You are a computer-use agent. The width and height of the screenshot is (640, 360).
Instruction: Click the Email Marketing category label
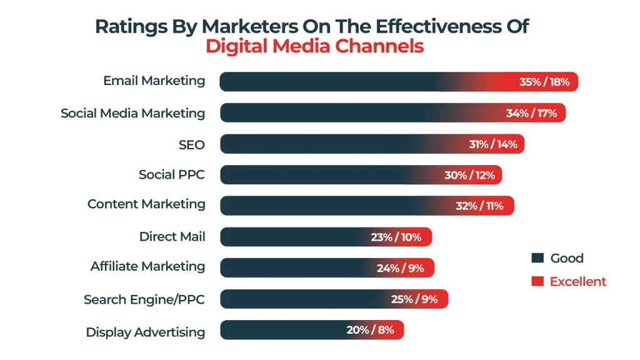click(x=154, y=81)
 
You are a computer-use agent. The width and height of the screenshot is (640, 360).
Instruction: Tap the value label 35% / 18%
click(x=544, y=82)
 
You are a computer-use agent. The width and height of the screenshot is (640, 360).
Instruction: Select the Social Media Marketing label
click(x=132, y=113)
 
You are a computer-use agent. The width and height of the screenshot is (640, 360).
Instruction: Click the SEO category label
click(x=191, y=144)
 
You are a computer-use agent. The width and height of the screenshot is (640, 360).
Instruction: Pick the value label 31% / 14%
click(x=493, y=144)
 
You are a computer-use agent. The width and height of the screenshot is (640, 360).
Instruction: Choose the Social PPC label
click(x=171, y=174)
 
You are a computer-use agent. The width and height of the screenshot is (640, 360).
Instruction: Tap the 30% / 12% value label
click(x=470, y=176)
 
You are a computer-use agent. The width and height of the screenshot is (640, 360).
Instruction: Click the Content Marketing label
click(x=146, y=204)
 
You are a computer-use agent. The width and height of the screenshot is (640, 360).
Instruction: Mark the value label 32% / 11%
click(x=480, y=206)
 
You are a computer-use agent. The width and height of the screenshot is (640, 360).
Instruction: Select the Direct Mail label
click(x=172, y=236)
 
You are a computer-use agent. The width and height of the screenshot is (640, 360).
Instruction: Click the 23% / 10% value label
click(x=396, y=237)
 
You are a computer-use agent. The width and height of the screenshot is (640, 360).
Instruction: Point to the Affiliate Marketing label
click(x=147, y=266)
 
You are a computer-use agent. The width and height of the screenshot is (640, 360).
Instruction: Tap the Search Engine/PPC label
click(x=144, y=299)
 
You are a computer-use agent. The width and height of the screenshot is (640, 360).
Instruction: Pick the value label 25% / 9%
click(x=414, y=299)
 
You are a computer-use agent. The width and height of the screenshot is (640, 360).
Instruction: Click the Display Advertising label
click(x=145, y=332)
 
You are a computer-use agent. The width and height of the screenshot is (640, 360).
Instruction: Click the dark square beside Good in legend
click(x=536, y=258)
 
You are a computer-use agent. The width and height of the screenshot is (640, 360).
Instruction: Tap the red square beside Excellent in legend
click(x=536, y=281)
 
